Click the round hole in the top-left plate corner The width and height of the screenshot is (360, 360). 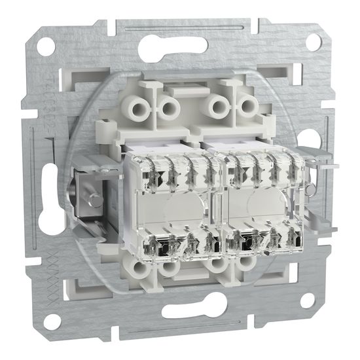[x=46, y=48]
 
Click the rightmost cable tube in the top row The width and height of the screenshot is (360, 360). [x=247, y=104]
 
